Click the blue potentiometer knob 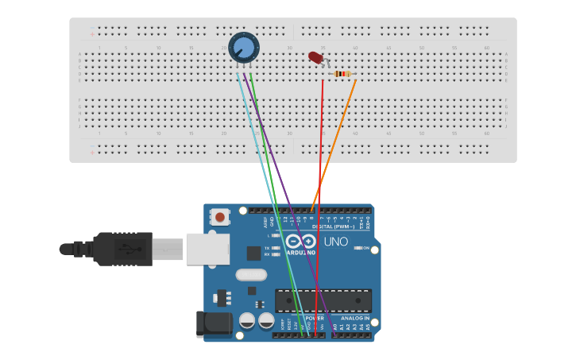[x=244, y=48]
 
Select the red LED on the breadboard [x=315, y=57]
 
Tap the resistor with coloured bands [x=342, y=74]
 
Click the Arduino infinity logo [x=300, y=242]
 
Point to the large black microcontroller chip [x=323, y=300]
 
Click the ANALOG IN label [x=350, y=318]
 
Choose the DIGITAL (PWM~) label [x=333, y=226]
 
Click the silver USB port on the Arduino [x=207, y=249]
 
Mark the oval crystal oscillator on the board [x=251, y=275]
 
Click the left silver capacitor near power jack [x=247, y=321]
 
